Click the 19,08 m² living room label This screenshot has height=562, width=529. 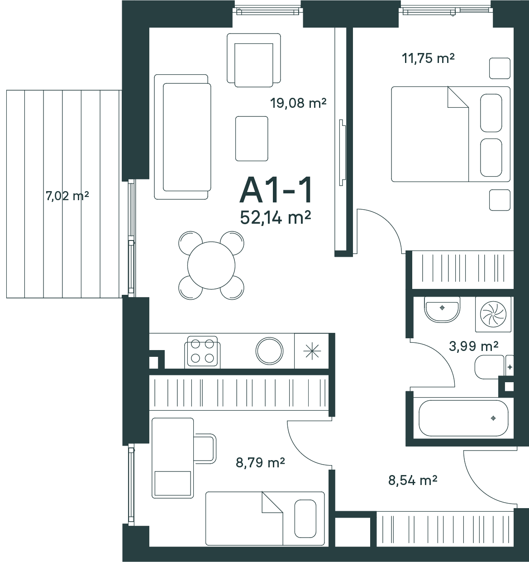click(x=298, y=103)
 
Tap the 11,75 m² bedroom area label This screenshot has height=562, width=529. click(x=428, y=58)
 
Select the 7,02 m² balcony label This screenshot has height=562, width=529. click(x=67, y=196)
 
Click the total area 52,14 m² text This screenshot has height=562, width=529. click(x=276, y=218)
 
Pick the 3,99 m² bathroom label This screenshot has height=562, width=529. click(x=473, y=346)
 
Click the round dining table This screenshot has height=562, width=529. click(x=211, y=265)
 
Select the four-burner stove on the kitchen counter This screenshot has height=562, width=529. click(x=202, y=352)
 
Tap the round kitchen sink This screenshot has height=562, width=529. click(x=269, y=351)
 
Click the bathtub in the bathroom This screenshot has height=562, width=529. click(x=463, y=418)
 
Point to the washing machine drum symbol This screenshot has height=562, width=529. click(x=493, y=314)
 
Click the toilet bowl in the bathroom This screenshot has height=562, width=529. click(x=490, y=367)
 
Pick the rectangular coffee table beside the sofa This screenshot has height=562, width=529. click(x=252, y=139)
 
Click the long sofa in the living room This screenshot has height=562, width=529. click(x=182, y=137)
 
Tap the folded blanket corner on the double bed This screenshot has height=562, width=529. click(x=458, y=97)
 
